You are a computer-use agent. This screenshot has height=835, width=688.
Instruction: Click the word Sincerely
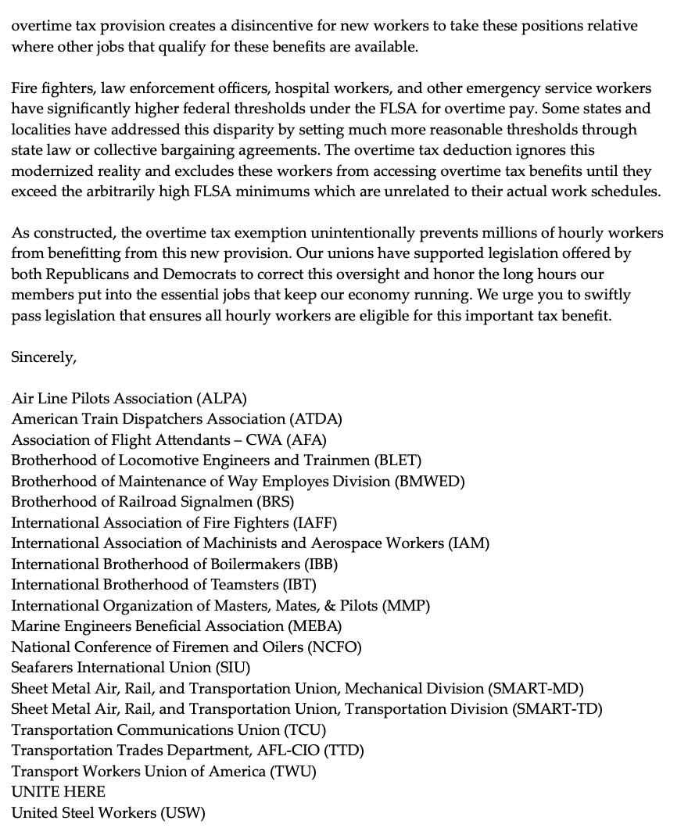(44, 357)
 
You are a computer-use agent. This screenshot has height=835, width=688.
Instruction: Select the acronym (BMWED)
(431, 482)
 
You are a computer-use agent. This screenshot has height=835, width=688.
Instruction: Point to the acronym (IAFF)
(315, 522)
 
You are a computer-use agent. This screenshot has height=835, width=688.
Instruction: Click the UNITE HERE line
(59, 792)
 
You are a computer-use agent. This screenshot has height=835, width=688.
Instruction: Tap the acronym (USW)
(183, 813)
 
